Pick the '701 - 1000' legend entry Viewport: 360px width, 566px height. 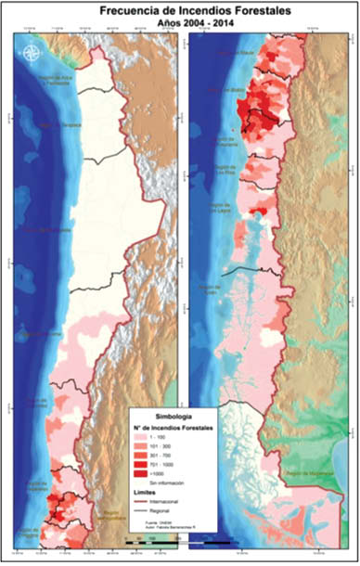[154, 465]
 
